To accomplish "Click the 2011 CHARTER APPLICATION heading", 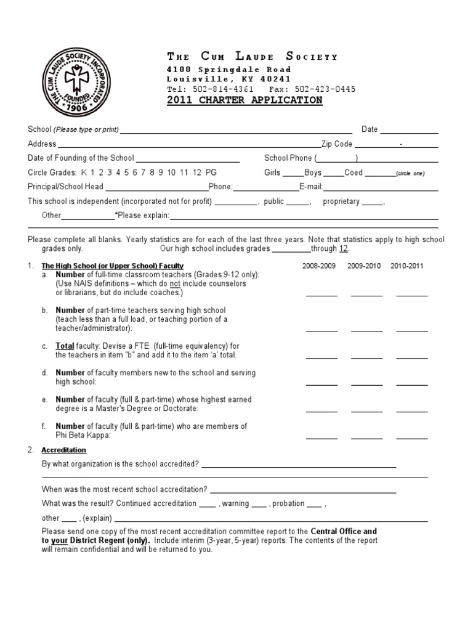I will pos(245,100).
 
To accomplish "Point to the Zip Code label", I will pos(336,144).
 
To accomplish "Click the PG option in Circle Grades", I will pos(211,173).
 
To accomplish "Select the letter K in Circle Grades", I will pos(84,173).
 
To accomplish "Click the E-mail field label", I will pos(311,187).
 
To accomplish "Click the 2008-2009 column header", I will pos(319,266).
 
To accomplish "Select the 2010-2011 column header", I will pos(410,266).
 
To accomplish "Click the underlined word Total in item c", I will pos(66,346).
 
